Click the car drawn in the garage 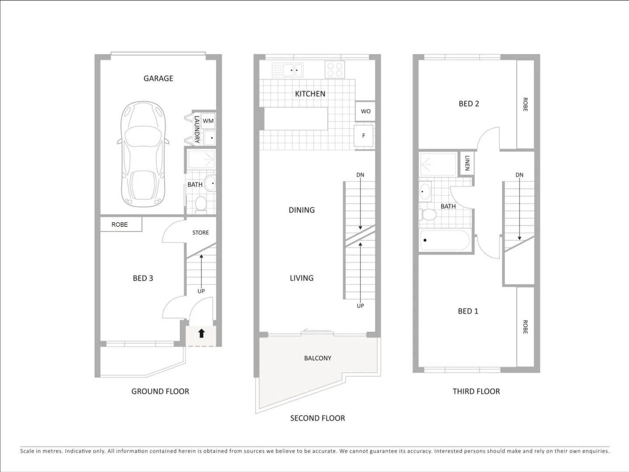(x=143, y=154)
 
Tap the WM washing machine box (x=208, y=121)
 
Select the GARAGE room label (x=158, y=78)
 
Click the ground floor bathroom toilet (x=201, y=204)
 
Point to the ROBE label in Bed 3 (x=119, y=225)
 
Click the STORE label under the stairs (x=201, y=233)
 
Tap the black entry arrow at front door (x=201, y=333)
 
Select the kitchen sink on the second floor (x=287, y=70)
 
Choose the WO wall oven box (x=366, y=111)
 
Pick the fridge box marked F (x=363, y=135)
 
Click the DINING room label (x=301, y=210)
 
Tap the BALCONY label (x=318, y=358)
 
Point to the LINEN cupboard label (x=467, y=163)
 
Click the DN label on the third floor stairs (x=519, y=175)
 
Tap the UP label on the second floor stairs (x=360, y=305)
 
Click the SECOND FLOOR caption (x=318, y=418)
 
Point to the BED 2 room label (x=468, y=104)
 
